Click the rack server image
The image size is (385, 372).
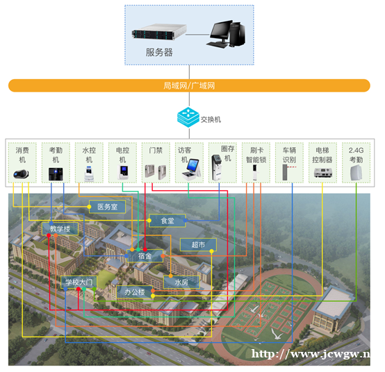pyautogui.click(x=159, y=32)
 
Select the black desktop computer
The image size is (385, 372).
pyautogui.click(x=226, y=34)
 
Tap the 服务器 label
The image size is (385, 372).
pyautogui.click(x=159, y=53)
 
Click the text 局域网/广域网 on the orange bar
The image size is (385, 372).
pyautogui.click(x=189, y=85)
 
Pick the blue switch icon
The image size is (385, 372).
pyautogui.click(x=188, y=117)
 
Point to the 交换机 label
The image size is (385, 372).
pyautogui.click(x=211, y=119)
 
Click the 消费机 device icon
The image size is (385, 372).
pyautogui.click(x=21, y=174)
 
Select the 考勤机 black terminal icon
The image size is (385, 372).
pyautogui.click(x=56, y=174)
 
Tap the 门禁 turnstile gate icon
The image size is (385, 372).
pyautogui.click(x=156, y=171)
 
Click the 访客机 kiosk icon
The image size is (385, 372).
pyautogui.click(x=192, y=169)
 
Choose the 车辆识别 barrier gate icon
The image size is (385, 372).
pyautogui.click(x=289, y=172)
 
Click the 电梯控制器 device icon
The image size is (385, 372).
pyautogui.click(x=323, y=173)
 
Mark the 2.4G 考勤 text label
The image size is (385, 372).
pyautogui.click(x=356, y=155)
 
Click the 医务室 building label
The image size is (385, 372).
pyautogui.click(x=107, y=207)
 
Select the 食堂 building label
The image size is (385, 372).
pyautogui.click(x=167, y=221)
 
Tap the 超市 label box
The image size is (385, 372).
pyautogui.click(x=198, y=244)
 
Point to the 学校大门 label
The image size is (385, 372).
pyautogui.click(x=79, y=282)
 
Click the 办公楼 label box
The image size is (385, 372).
pyautogui.click(x=135, y=291)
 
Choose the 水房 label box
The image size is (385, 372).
pyautogui.click(x=181, y=282)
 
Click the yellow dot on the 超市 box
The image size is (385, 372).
pyautogui.click(x=211, y=251)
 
